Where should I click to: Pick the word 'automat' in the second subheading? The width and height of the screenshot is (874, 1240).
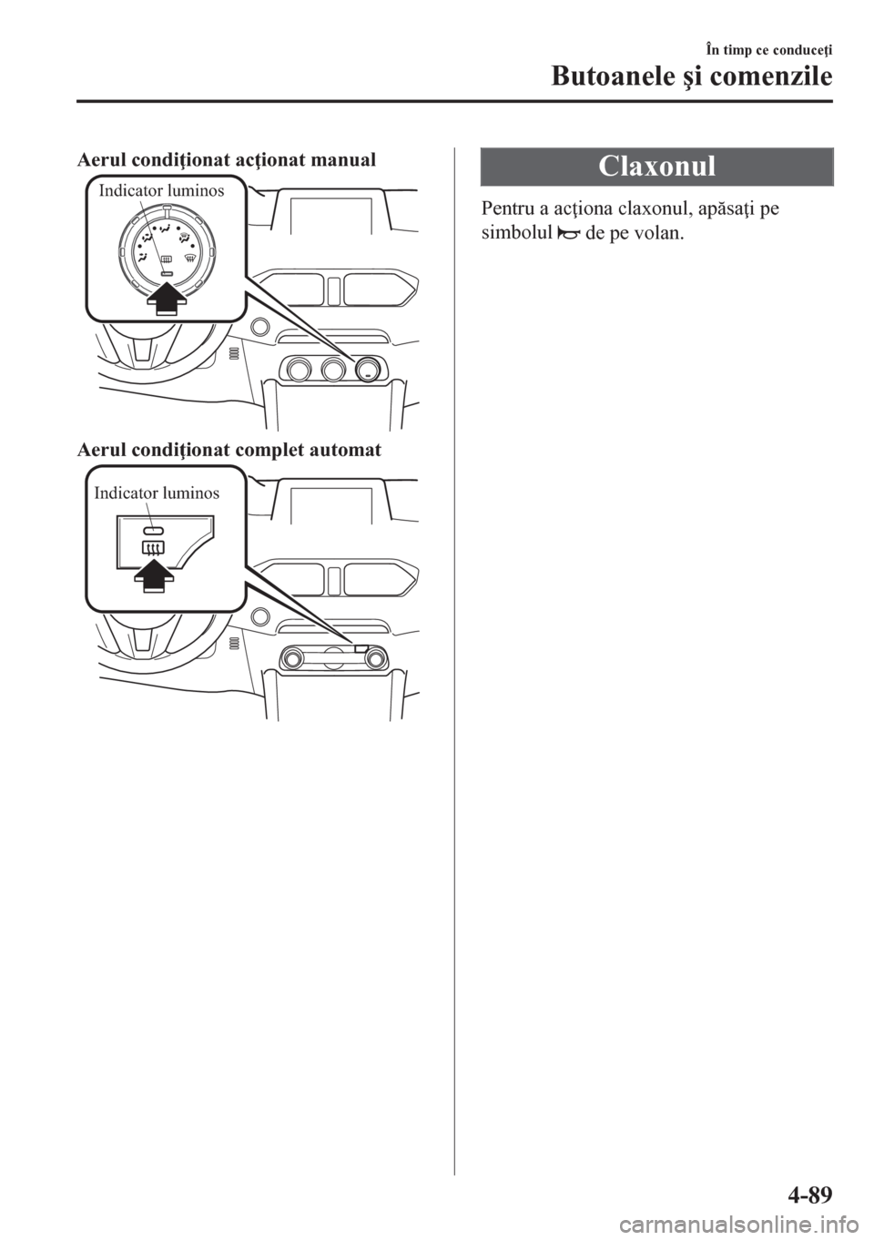(x=348, y=450)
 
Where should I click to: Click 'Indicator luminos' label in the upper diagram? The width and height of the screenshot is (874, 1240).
(x=160, y=191)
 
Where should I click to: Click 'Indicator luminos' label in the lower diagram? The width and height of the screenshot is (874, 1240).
(x=157, y=493)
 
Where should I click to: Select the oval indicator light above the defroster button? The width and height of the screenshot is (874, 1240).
(x=153, y=529)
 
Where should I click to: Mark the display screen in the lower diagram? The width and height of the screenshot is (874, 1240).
(x=330, y=503)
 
